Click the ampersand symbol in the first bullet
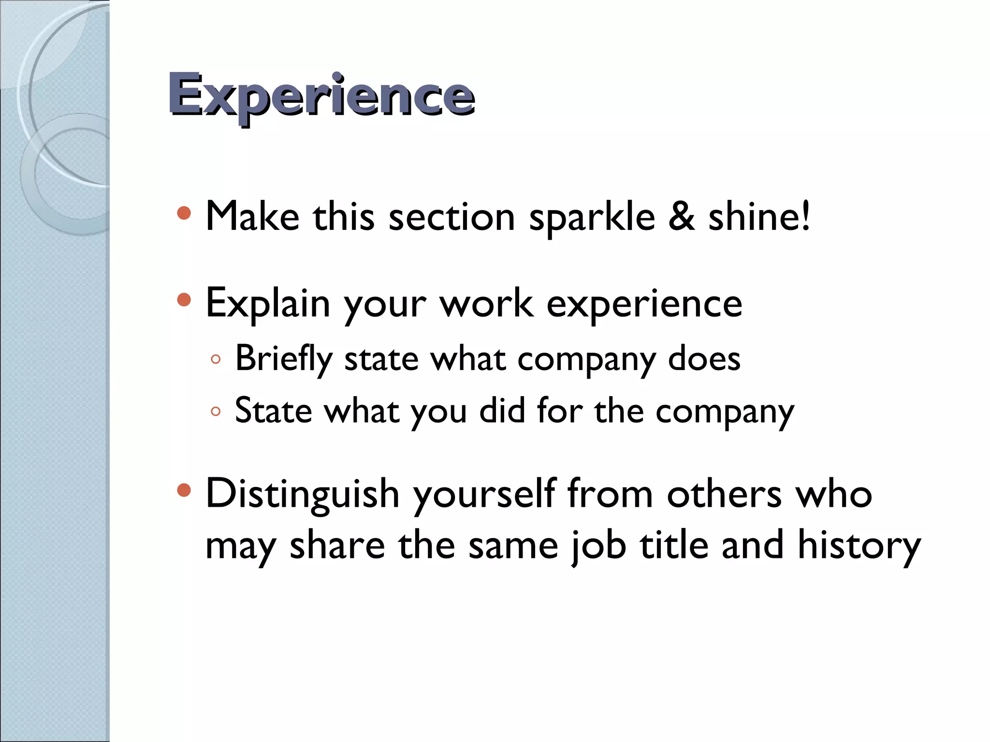pos(682,216)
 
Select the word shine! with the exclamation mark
pos(759,216)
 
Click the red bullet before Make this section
pos(184,213)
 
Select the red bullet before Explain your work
pos(184,300)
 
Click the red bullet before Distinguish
pos(184,491)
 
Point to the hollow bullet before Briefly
pos(216,359)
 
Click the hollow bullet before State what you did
pos(216,412)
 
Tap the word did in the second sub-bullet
pos(502,411)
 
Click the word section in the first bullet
pos(452,217)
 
